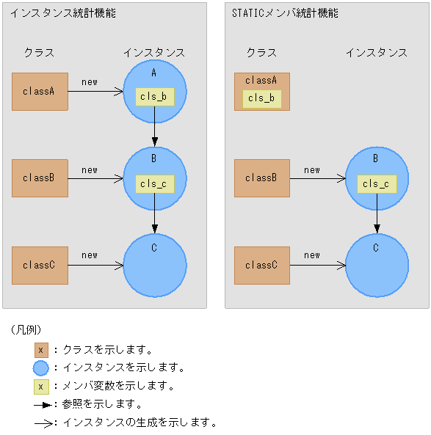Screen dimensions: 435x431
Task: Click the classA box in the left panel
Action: click(40, 92)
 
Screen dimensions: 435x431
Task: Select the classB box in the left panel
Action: click(40, 178)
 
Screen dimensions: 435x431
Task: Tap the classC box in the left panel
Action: click(40, 265)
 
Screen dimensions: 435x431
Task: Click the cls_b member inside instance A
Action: click(155, 97)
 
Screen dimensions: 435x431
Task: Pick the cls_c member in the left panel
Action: click(155, 183)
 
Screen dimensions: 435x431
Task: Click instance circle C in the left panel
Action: click(155, 266)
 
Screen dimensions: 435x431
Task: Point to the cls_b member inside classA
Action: click(262, 98)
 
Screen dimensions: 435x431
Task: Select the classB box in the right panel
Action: click(262, 178)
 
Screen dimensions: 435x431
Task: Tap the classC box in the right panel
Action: click(262, 265)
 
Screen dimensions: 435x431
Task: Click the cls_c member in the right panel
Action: click(377, 183)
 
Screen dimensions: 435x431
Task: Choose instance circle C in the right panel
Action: click(377, 266)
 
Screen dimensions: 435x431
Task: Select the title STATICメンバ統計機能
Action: click(285, 13)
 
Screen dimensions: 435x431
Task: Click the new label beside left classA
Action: click(90, 82)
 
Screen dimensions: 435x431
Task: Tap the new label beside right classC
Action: click(312, 255)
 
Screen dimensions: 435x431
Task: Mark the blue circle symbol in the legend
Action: click(41, 368)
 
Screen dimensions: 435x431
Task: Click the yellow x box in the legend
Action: click(41, 386)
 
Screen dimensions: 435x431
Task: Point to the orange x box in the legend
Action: click(41, 350)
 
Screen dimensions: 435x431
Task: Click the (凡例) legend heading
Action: click(26, 329)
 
